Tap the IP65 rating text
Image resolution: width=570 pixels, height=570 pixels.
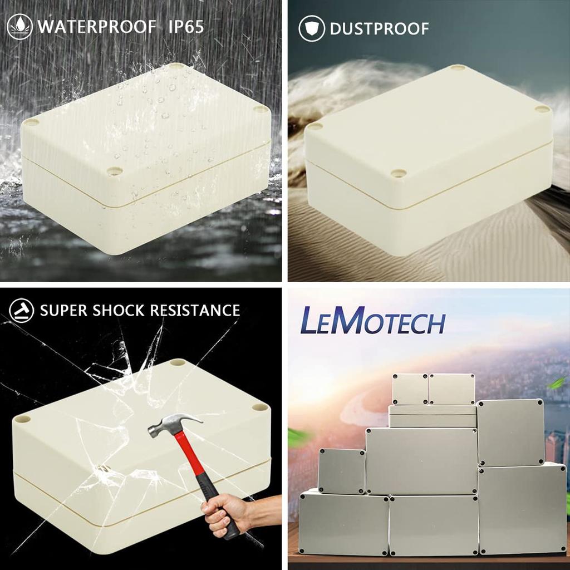(x=186, y=26)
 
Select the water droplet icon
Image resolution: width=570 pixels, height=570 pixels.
(x=20, y=27)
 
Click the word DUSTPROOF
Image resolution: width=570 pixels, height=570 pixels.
(x=379, y=28)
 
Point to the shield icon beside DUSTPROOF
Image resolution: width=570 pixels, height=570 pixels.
(x=311, y=28)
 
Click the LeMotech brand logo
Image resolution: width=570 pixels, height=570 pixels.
(x=372, y=321)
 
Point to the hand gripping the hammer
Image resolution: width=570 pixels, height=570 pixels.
(x=226, y=512)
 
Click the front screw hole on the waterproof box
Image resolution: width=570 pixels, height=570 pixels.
(x=115, y=171)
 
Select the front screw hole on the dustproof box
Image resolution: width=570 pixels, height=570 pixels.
(x=398, y=173)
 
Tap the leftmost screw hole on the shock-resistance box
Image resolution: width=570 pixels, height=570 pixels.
(x=22, y=418)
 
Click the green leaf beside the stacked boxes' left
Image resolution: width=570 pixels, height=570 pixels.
(x=299, y=438)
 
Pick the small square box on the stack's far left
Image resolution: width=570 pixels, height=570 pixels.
(x=341, y=471)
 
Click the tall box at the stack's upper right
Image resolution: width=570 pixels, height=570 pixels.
(x=510, y=432)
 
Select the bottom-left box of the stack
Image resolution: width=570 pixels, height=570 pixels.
(x=343, y=523)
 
